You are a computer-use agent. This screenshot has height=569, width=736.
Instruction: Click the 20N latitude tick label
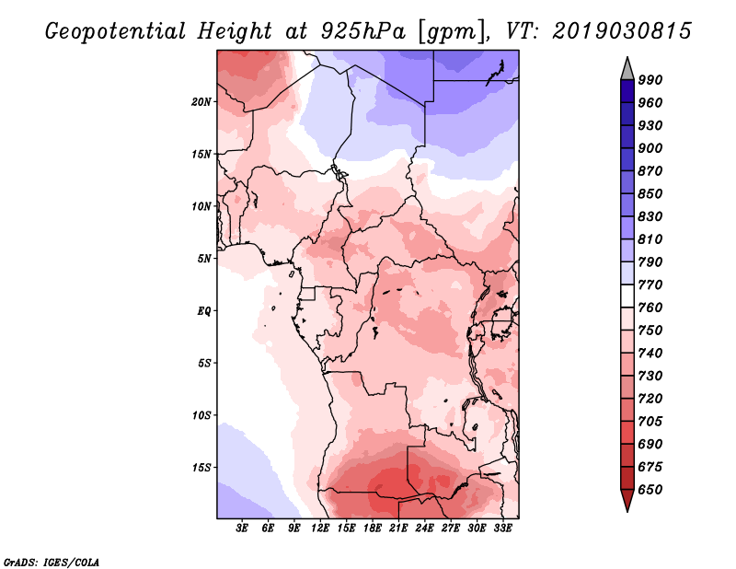point(201,102)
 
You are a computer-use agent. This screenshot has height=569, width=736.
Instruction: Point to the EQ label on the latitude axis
point(204,311)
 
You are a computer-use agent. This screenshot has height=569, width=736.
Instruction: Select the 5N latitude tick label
point(204,259)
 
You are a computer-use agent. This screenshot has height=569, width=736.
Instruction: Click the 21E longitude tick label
point(398,528)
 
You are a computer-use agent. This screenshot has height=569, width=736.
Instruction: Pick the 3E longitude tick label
point(242,528)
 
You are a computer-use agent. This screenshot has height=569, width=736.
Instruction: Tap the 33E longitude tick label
point(502,528)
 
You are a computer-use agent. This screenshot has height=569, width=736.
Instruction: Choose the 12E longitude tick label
point(320,528)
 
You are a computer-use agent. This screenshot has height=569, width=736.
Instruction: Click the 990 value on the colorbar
point(650,80)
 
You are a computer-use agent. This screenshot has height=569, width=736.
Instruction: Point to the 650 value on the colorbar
point(650,490)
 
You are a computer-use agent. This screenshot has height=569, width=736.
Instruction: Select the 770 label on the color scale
point(650,284)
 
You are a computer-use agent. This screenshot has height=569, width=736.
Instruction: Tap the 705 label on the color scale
point(650,422)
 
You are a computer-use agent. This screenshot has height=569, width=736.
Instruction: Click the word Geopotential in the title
point(116,31)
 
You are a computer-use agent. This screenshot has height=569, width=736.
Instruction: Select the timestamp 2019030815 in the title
point(622,31)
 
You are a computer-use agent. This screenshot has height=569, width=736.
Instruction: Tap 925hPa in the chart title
point(362,31)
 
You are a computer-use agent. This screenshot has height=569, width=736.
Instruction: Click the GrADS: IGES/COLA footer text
point(52,562)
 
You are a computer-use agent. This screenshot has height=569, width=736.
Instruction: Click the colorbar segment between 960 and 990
point(627,91)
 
